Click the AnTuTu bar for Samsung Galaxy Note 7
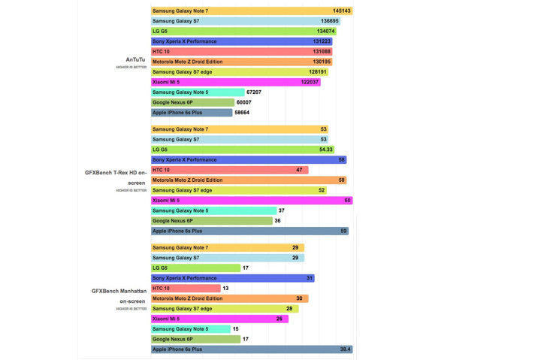pos(252,11)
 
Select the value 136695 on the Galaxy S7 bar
pos(329,21)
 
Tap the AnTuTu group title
pos(136,59)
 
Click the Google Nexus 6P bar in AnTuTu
pos(192,102)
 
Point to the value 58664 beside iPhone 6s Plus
pos(242,113)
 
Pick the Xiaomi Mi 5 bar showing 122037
pos(235,82)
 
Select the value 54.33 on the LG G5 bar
pos(325,150)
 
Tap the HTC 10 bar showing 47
pos(229,170)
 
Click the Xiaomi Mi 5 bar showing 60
pos(251,201)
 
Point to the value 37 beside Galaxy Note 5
pos(282,210)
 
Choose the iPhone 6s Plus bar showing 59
pos(249,231)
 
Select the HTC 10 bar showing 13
pos(186,288)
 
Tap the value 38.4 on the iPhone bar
pos(345,349)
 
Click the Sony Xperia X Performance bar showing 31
pos(232,278)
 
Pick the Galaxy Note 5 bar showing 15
pos(190,329)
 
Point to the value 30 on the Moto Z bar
pos(299,298)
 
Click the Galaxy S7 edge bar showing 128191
pos(239,72)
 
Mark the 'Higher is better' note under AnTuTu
pos(131,67)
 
